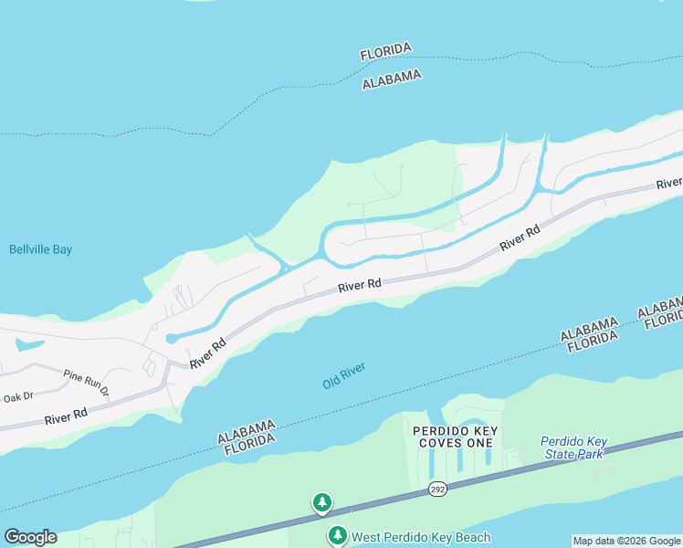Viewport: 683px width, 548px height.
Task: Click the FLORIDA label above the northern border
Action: (x=386, y=51)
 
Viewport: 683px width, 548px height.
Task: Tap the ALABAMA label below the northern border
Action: (x=392, y=79)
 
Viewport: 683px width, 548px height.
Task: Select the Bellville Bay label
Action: (x=40, y=249)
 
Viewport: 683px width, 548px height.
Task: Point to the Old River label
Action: (x=344, y=374)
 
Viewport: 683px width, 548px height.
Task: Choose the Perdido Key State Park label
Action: (x=573, y=447)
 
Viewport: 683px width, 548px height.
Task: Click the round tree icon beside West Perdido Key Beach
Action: (x=338, y=535)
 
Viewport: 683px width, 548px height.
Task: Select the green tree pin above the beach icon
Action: (x=321, y=502)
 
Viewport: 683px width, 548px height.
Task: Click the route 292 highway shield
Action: (x=437, y=490)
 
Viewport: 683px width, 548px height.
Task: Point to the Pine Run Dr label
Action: (x=87, y=383)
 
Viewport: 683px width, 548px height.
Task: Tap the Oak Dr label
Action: (x=17, y=397)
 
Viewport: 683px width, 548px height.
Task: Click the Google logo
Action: (x=30, y=537)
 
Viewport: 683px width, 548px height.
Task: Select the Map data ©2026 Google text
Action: (x=626, y=541)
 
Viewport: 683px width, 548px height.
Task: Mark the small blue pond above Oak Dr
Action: (x=27, y=346)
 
